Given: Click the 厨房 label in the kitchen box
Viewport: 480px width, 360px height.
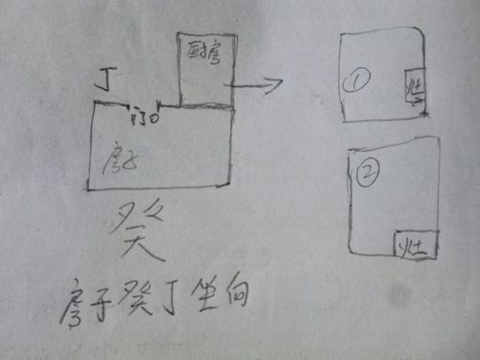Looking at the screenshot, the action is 202,50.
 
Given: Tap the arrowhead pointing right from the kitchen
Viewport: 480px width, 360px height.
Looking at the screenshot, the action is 276,84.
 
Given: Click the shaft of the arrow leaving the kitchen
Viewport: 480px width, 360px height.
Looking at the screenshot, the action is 250,86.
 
